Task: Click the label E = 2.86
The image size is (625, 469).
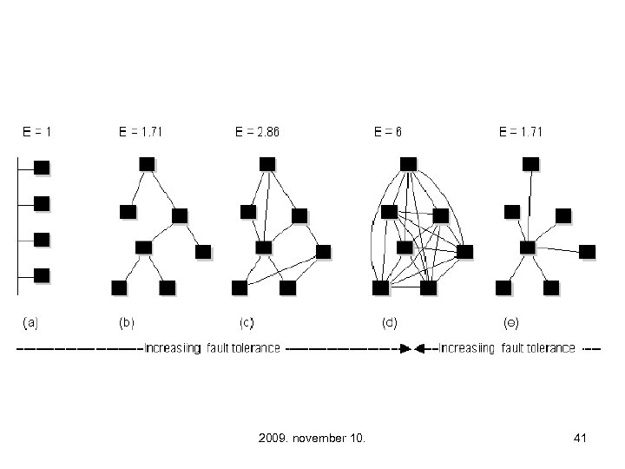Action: click(258, 133)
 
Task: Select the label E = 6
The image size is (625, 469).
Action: click(387, 133)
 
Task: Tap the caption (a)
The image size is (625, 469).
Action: click(29, 322)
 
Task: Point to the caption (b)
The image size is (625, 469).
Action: click(126, 322)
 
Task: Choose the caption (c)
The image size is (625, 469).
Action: click(247, 322)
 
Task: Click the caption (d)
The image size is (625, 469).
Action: click(390, 322)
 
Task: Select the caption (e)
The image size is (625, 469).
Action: click(511, 322)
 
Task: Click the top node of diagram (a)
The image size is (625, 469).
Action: click(42, 167)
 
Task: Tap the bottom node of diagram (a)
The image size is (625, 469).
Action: click(42, 275)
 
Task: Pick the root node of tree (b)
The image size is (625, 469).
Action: click(147, 163)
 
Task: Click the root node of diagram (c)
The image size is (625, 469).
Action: click(267, 163)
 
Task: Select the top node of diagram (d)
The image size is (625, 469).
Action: click(408, 163)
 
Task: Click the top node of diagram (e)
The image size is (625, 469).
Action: click(530, 163)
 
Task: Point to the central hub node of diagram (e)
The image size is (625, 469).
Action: click(527, 248)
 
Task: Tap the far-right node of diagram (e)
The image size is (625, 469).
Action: click(588, 252)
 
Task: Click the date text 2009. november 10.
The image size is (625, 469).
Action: click(312, 439)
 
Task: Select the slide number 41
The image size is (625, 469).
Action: click(581, 439)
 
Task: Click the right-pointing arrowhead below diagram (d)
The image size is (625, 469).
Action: click(405, 349)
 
